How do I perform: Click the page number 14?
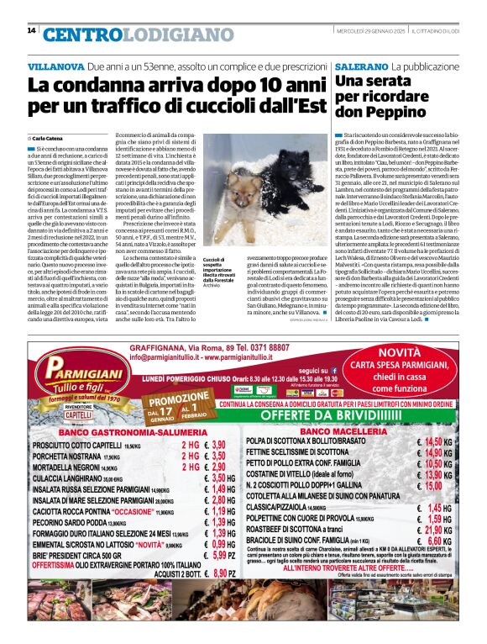pos(31,31)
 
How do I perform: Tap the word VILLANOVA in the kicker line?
pos(55,66)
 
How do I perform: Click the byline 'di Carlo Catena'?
pos(48,137)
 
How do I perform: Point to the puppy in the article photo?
pos(266,191)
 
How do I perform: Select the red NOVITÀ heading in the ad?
pos(404,353)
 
